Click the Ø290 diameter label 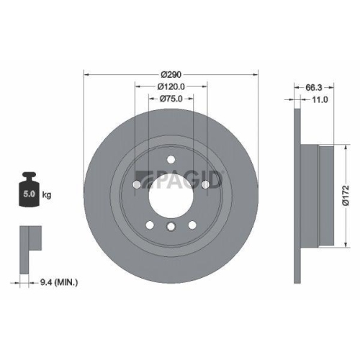click(x=171, y=75)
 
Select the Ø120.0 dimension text click(x=171, y=86)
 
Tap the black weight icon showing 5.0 click(x=30, y=191)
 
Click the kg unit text click(x=47, y=194)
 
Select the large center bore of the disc click(x=171, y=194)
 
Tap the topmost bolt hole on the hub click(x=171, y=160)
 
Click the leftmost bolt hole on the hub click(x=136, y=184)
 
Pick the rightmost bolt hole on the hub click(x=205, y=184)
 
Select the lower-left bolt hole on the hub click(x=150, y=225)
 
